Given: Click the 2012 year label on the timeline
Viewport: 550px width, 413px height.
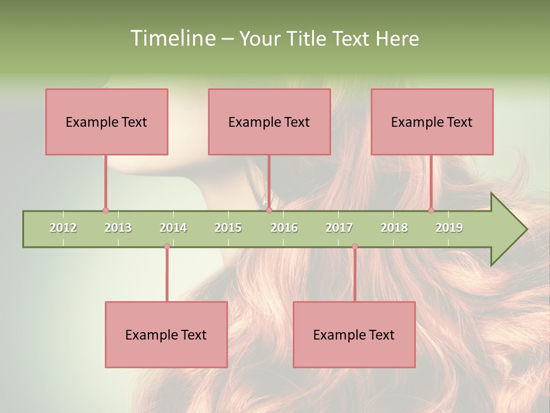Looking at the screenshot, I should pyautogui.click(x=63, y=228).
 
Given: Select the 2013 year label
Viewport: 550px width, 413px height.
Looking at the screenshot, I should pyautogui.click(x=118, y=228).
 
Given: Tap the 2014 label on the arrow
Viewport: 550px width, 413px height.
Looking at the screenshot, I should pyautogui.click(x=173, y=228).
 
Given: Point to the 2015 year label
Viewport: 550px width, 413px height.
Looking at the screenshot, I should pyautogui.click(x=228, y=228).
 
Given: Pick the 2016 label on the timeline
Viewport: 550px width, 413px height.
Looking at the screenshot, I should pyautogui.click(x=284, y=228).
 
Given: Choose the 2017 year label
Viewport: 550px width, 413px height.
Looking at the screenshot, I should pyautogui.click(x=339, y=228).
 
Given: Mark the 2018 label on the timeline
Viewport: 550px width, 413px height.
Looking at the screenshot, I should pyautogui.click(x=394, y=228).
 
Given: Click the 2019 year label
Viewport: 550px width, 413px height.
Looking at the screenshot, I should pyautogui.click(x=449, y=228).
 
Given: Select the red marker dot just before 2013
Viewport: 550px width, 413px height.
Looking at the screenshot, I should pyautogui.click(x=105, y=211).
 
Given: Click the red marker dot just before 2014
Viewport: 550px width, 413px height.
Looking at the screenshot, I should pyautogui.click(x=167, y=247).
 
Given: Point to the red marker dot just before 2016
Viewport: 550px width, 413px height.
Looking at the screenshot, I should pyautogui.click(x=269, y=211).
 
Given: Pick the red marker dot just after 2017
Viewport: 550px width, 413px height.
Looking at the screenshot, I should pyautogui.click(x=355, y=247).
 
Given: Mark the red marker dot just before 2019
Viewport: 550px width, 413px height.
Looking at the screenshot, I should pyautogui.click(x=431, y=211).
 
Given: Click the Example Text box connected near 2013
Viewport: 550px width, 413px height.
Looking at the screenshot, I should pyautogui.click(x=107, y=122).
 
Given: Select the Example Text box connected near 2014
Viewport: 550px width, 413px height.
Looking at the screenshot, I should pyautogui.click(x=166, y=334).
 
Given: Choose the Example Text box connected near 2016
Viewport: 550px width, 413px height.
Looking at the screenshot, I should pyautogui.click(x=269, y=122).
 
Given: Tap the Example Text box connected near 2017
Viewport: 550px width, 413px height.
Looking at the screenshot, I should pyautogui.click(x=354, y=334).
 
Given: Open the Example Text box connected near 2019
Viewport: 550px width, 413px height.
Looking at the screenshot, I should pyautogui.click(x=432, y=122).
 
